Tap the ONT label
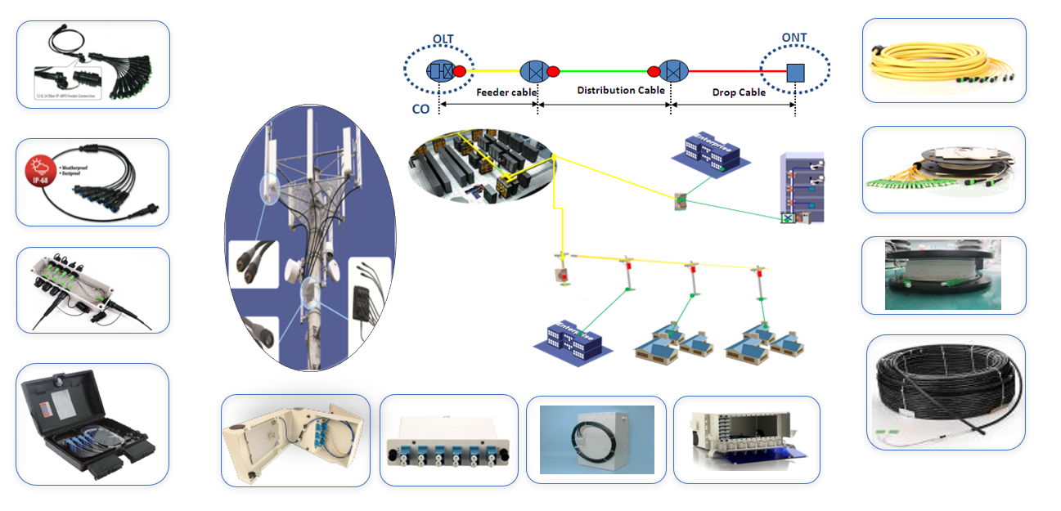pos(794,38)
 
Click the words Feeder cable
pos(506,92)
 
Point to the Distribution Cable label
pos(620,90)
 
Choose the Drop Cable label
pos(740,92)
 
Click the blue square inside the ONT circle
pos(794,73)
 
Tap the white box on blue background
pos(597,440)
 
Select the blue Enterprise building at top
pos(705,149)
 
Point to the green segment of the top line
pos(606,71)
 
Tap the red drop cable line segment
pos(724,71)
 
